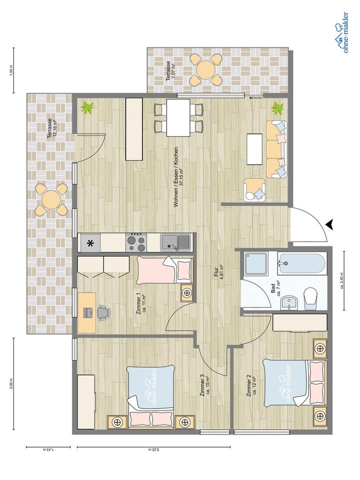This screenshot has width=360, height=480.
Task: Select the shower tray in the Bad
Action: [x=256, y=263]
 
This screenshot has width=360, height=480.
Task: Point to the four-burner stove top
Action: [x=136, y=242]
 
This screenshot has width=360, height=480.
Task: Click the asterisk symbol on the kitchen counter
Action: [x=90, y=243]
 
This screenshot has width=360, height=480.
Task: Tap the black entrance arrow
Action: [x=329, y=224]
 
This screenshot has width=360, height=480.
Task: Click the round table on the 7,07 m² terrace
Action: [x=205, y=70]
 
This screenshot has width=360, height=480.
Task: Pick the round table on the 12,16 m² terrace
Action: [x=51, y=199]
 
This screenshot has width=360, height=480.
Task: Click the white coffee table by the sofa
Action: [x=254, y=149]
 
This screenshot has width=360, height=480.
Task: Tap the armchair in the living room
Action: [x=254, y=190]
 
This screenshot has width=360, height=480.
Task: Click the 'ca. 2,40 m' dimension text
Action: [x=342, y=280]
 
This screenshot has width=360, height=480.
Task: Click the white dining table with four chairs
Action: [x=178, y=117]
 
